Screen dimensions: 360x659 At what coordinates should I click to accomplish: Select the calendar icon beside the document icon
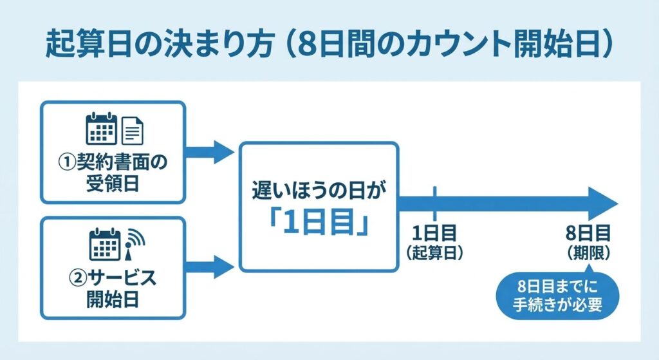(x=101, y=128)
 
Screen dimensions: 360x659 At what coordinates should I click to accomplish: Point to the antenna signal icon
(x=133, y=242)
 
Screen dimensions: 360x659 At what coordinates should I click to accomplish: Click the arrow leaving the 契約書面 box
(x=210, y=152)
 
